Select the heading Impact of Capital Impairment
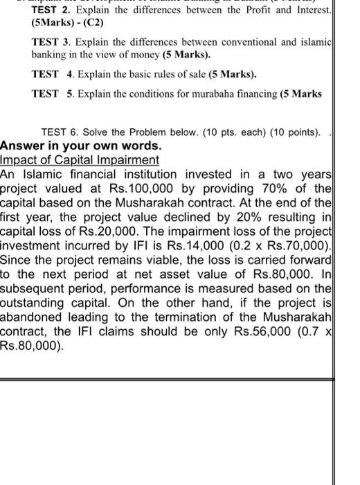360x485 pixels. point(80,160)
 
